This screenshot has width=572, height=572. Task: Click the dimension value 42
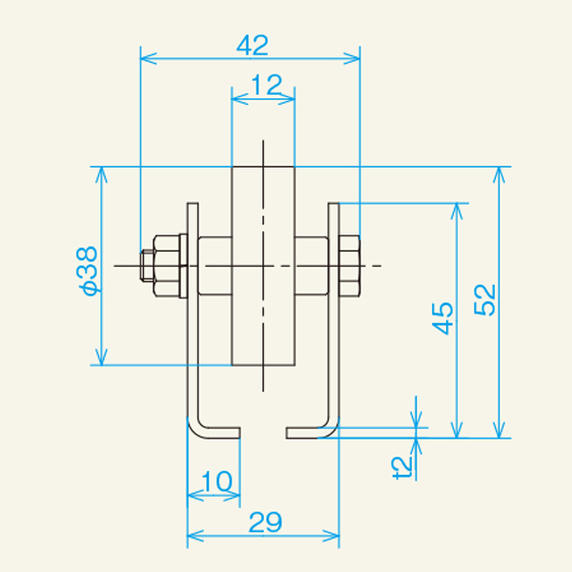pyautogui.click(x=251, y=44)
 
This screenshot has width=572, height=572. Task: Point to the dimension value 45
pyautogui.click(x=440, y=319)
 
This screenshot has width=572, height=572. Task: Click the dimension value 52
pyautogui.click(x=486, y=300)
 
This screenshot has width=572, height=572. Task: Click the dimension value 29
pyautogui.click(x=264, y=521)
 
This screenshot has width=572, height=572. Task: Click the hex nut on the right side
pyautogui.click(x=348, y=265)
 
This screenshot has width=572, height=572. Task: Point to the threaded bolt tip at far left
pyautogui.click(x=148, y=266)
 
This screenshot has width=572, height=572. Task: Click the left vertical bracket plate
pyautogui.click(x=192, y=315)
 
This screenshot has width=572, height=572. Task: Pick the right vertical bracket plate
pyautogui.click(x=334, y=315)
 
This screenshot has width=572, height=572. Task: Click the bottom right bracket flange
pyautogui.click(x=310, y=433)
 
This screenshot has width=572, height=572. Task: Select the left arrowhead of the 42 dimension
pyautogui.click(x=146, y=58)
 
